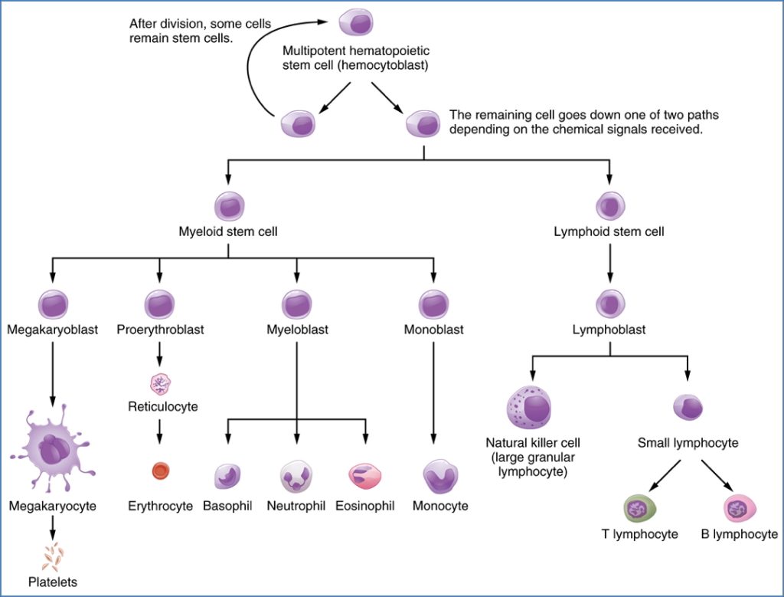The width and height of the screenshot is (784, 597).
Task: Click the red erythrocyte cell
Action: (160, 471)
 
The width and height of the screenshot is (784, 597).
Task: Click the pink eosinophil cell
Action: (364, 477)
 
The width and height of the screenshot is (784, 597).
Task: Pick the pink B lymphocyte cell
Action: (739, 508)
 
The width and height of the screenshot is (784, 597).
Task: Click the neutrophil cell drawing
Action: (296, 476)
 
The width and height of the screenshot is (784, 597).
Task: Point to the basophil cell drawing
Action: (228, 476)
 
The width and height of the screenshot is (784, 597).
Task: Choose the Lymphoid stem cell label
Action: (609, 231)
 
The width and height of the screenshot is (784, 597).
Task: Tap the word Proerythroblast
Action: (158, 330)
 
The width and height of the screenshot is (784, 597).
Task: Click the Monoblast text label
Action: (433, 330)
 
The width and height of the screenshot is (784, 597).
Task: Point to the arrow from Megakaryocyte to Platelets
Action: (52, 526)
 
